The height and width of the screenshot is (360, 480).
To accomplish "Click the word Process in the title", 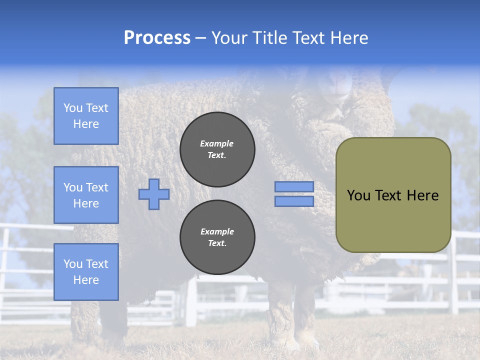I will pos(157,38).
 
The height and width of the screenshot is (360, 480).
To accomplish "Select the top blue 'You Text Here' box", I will pos(86,116).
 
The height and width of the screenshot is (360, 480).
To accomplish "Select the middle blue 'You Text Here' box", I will pos(86,195).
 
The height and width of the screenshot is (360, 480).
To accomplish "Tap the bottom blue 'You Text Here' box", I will pos(86,271).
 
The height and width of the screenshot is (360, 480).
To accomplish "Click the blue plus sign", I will pos(154,194).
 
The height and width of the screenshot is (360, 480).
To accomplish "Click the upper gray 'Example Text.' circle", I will pos(217,149).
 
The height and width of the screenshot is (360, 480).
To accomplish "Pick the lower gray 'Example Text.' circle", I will pos(217,237).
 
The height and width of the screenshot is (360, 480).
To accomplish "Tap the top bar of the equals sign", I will pos(294,186).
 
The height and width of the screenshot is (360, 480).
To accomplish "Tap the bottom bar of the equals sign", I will pos(294,201).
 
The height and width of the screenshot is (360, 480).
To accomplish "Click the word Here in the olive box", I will pos(422,195).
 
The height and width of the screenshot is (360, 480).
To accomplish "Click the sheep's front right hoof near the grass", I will pos(287,340).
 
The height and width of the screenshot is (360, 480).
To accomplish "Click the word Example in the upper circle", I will pos(217,143).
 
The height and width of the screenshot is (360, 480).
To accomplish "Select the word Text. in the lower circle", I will pos(217,243).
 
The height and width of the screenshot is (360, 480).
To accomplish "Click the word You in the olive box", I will pos(358,195).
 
